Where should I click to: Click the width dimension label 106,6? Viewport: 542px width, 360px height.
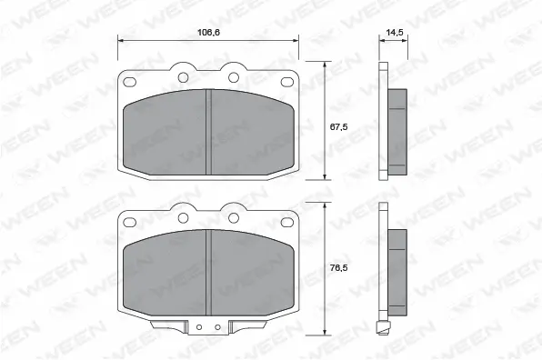(208, 33)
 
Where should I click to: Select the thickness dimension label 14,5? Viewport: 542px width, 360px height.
(394, 33)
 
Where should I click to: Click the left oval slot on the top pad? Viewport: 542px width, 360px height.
(130, 80)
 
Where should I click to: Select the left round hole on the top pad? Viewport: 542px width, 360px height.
(184, 76)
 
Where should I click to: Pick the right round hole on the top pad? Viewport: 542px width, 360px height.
(233, 76)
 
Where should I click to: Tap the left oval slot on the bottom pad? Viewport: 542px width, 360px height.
(130, 220)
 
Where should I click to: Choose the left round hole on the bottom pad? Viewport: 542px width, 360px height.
(184, 216)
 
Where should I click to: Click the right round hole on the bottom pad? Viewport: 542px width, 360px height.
(233, 216)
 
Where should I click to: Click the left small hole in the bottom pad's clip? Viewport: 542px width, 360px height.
(198, 326)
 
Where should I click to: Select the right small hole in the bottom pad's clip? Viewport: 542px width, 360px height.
(218, 326)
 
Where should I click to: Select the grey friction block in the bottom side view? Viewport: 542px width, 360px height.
(397, 270)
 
